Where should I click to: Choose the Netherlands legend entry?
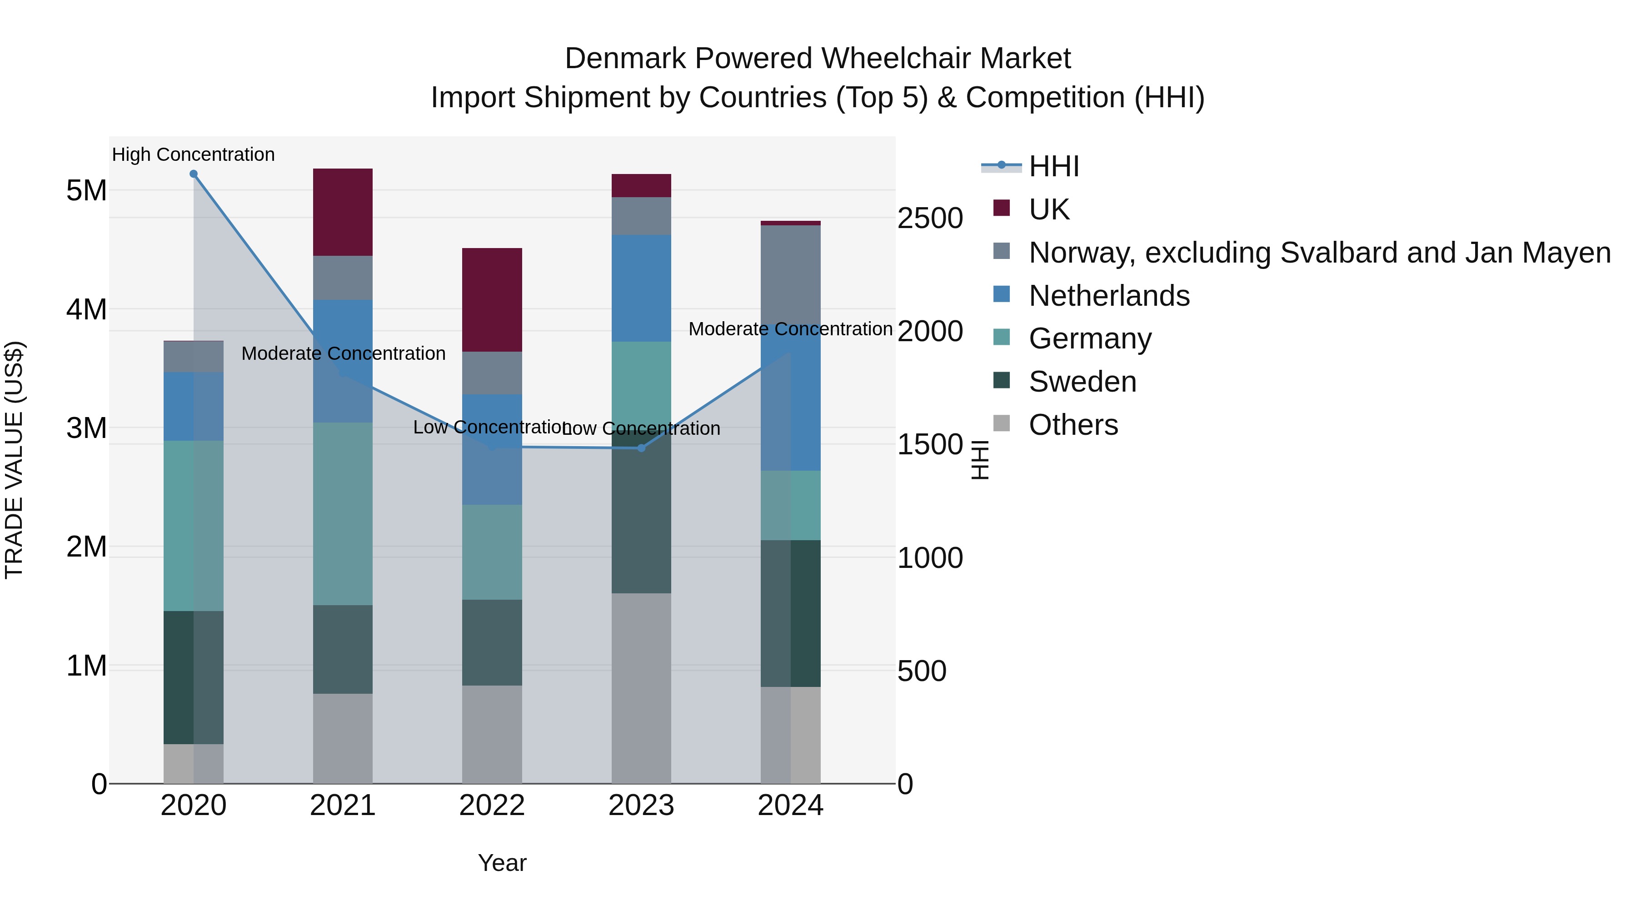pyautogui.click(x=1108, y=296)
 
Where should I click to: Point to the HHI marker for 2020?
pyautogui.click(x=194, y=174)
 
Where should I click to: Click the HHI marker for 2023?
pyautogui.click(x=641, y=448)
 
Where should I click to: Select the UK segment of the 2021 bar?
pyautogui.click(x=343, y=212)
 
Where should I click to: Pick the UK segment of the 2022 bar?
pyautogui.click(x=492, y=300)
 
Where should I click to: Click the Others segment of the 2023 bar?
pyautogui.click(x=641, y=688)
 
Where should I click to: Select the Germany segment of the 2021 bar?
pyautogui.click(x=343, y=514)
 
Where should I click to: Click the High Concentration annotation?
pyautogui.click(x=193, y=155)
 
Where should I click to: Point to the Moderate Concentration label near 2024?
pyautogui.click(x=790, y=329)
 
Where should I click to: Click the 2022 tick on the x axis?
pyautogui.click(x=492, y=806)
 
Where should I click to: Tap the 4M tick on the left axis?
pyautogui.click(x=86, y=310)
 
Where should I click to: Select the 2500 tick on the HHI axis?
pyautogui.click(x=930, y=219)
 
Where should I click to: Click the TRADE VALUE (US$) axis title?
pyautogui.click(x=14, y=460)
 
